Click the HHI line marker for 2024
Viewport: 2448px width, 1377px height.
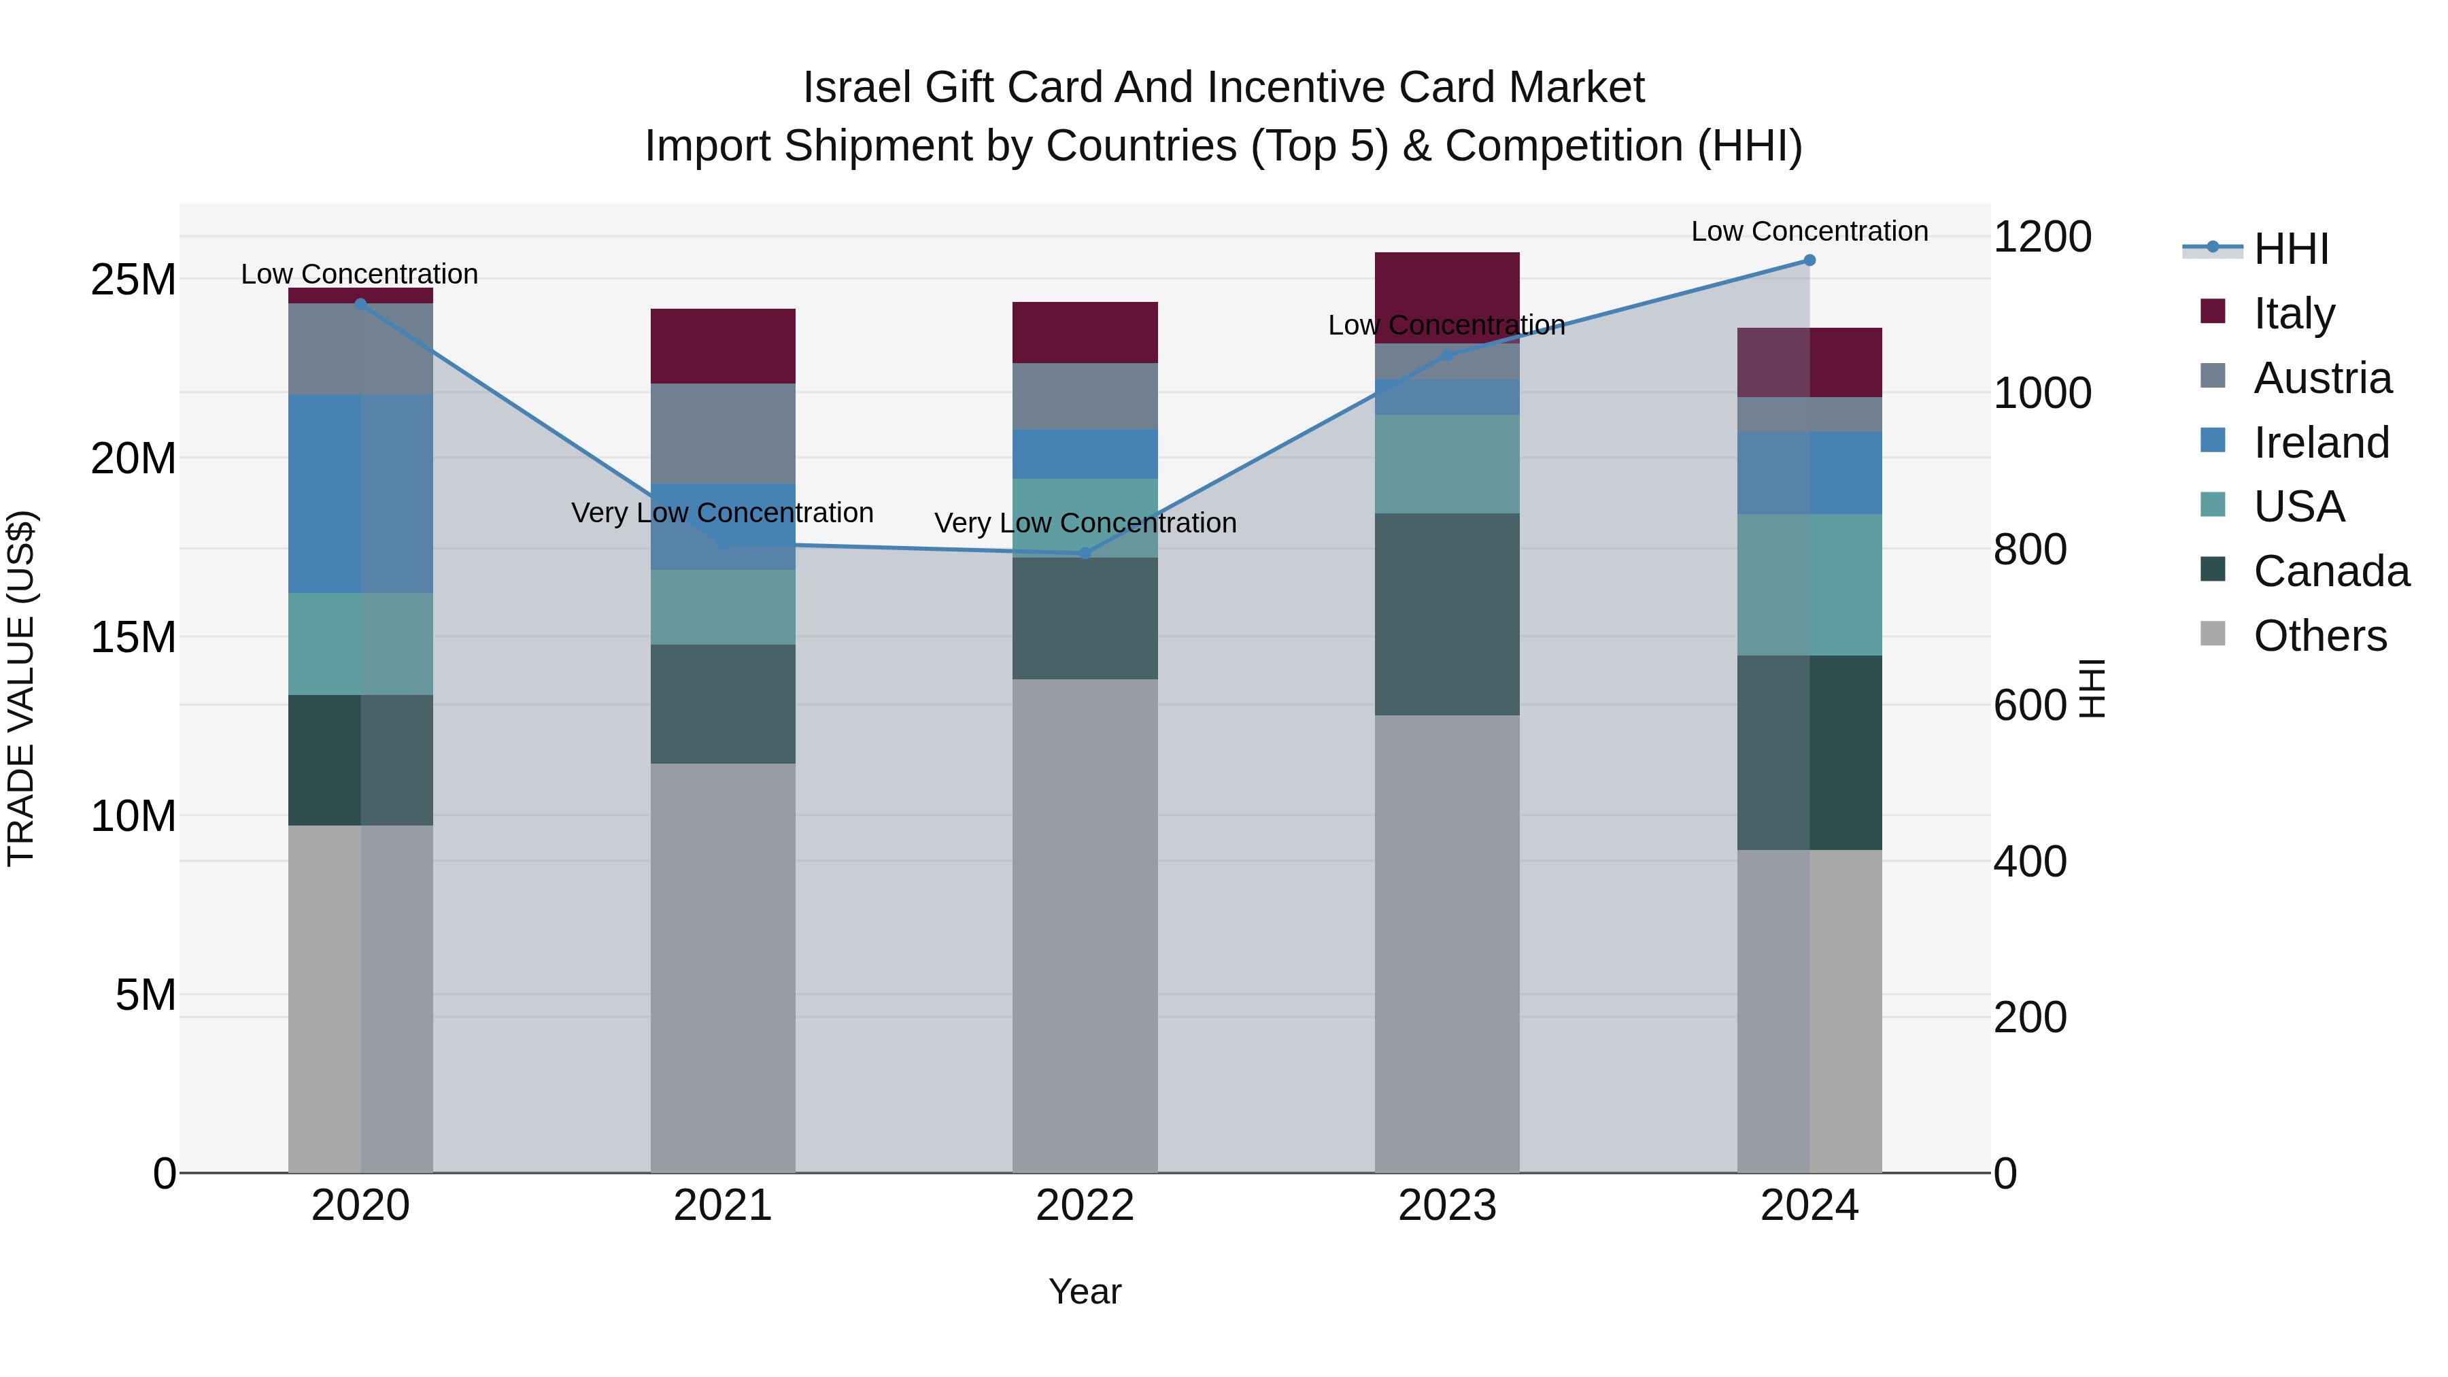[x=1809, y=260]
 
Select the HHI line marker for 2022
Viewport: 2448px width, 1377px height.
[x=1085, y=553]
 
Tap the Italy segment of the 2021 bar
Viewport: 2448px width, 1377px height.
[x=722, y=346]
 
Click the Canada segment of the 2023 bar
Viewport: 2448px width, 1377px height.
[x=1446, y=614]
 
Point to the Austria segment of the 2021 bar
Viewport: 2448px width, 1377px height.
[x=722, y=432]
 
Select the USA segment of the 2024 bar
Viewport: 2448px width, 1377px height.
[x=1809, y=584]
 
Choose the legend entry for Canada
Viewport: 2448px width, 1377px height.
[x=2330, y=571]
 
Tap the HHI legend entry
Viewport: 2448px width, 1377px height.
[x=2290, y=249]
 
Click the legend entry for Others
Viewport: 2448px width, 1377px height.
[x=2319, y=636]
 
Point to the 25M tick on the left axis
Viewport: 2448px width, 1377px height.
[x=133, y=280]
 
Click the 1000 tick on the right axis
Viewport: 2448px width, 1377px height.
[x=2041, y=394]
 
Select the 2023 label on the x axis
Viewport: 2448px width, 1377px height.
[x=1446, y=1206]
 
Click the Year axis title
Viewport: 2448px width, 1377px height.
[x=1085, y=1291]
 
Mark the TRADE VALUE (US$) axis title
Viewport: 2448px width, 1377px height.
[x=21, y=688]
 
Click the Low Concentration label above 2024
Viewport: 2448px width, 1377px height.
[x=1809, y=231]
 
